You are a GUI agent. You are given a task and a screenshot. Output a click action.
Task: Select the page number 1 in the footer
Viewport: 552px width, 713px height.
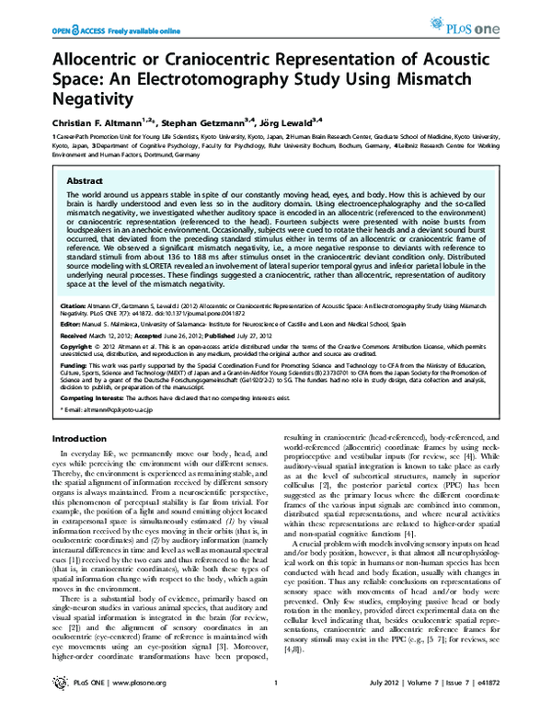[276, 693]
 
